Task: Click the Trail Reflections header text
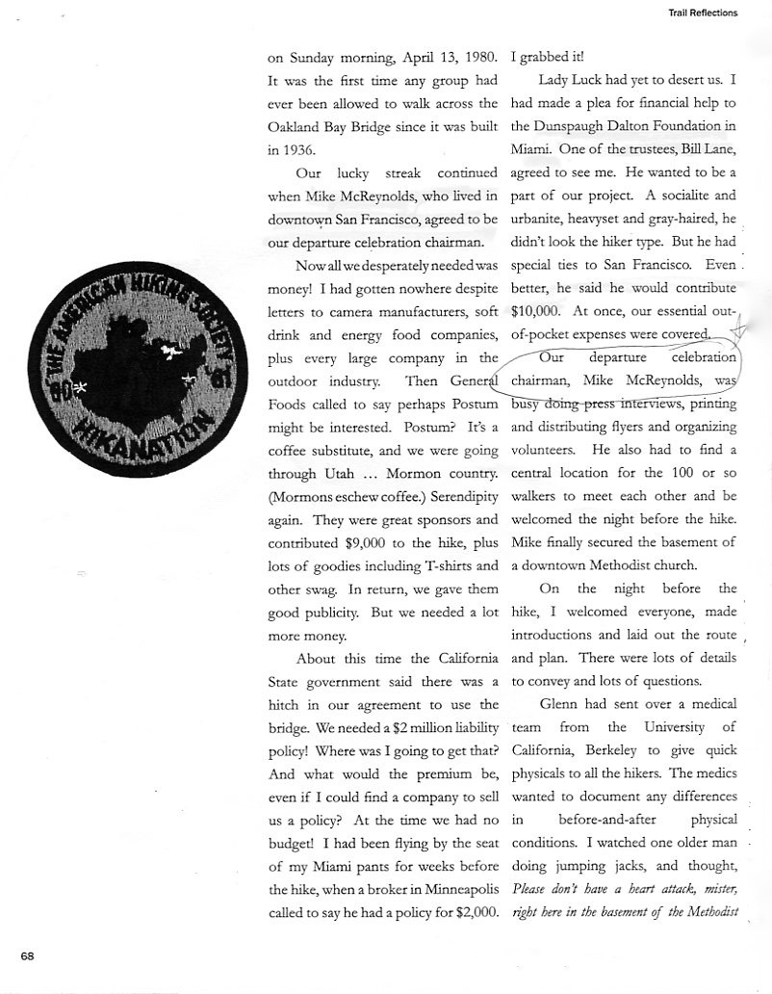coord(702,13)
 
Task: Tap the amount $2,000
coord(476,911)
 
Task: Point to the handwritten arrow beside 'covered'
coord(737,332)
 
